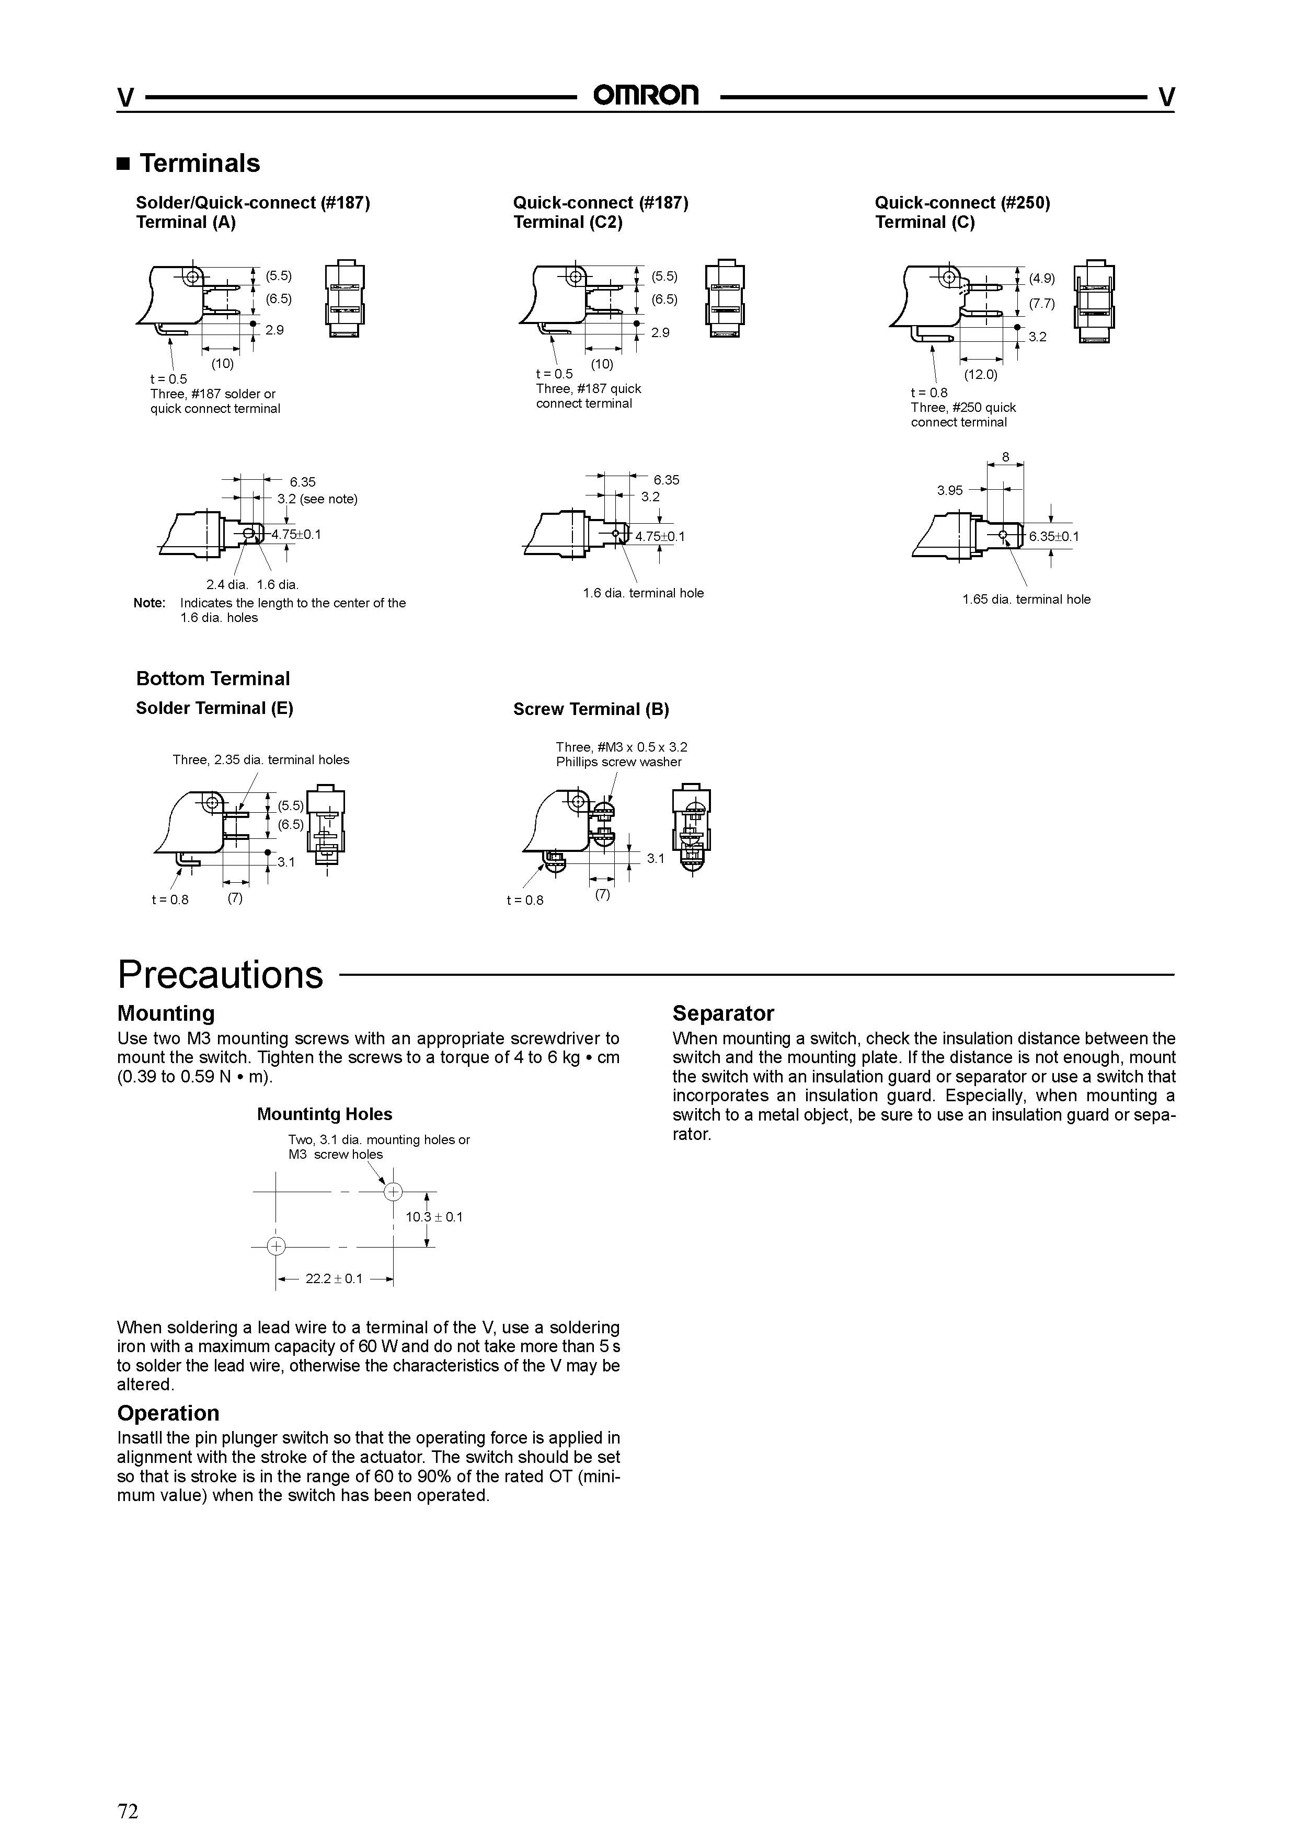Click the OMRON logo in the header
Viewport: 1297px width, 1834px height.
point(646,96)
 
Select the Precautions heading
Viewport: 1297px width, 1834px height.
point(221,975)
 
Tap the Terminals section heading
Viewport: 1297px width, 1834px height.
point(199,163)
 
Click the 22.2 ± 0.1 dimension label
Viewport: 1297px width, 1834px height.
point(334,1279)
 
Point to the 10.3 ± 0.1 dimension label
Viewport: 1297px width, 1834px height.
point(434,1217)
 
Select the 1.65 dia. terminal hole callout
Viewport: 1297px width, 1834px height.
point(1026,599)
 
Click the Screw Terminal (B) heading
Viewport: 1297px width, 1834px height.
point(591,709)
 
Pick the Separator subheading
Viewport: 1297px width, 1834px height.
point(723,1013)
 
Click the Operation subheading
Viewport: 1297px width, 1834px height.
point(168,1413)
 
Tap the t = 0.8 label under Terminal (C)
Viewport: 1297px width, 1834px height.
point(928,393)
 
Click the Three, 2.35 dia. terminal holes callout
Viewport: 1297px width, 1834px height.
point(260,759)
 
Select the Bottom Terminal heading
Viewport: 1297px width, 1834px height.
point(213,678)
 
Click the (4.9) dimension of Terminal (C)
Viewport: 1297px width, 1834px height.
point(1041,278)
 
